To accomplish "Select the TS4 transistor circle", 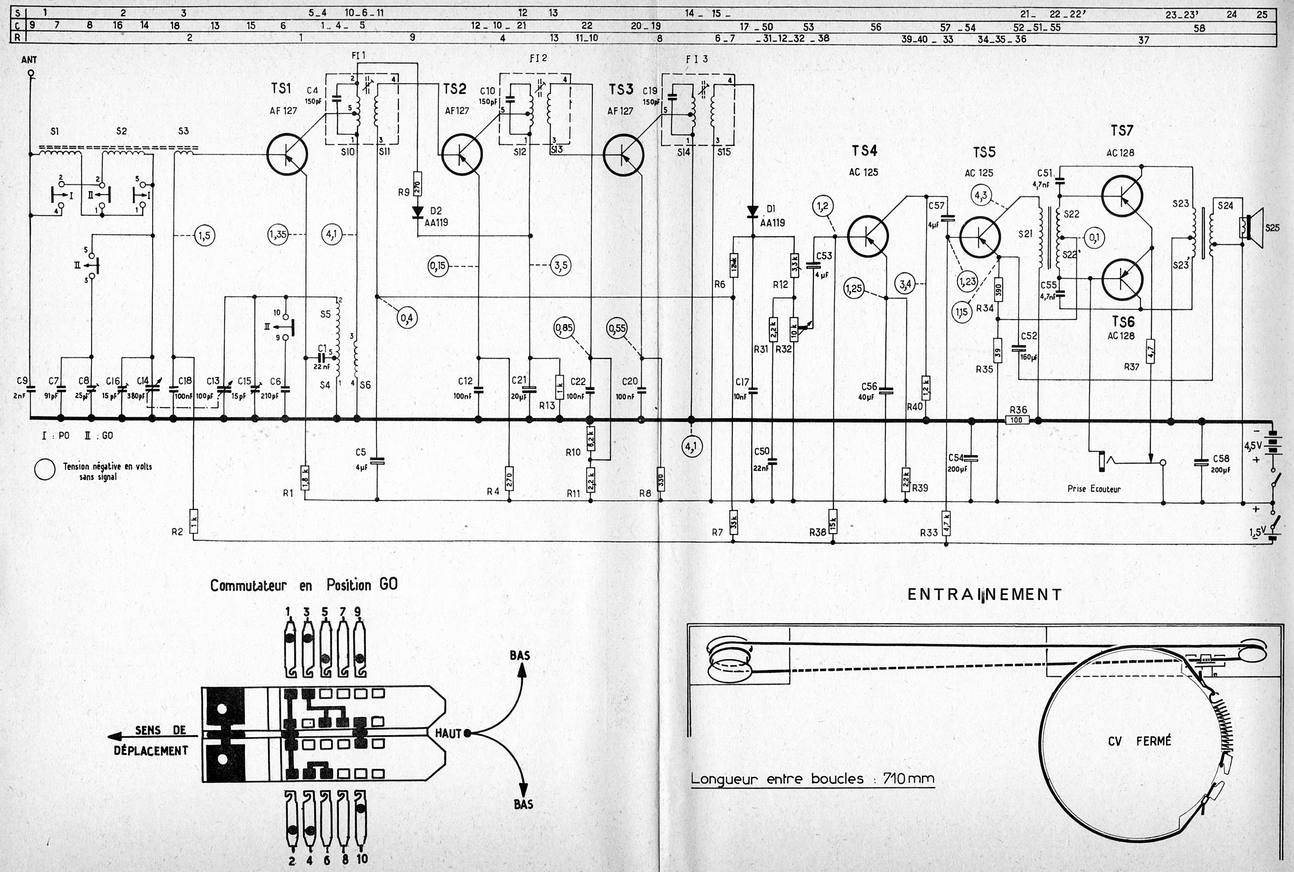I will tap(868, 236).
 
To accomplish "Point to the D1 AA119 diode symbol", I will tap(753, 211).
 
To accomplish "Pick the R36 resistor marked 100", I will tap(1017, 420).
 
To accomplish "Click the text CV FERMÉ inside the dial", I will tap(1139, 741).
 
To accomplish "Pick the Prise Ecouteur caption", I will tap(1094, 489).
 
